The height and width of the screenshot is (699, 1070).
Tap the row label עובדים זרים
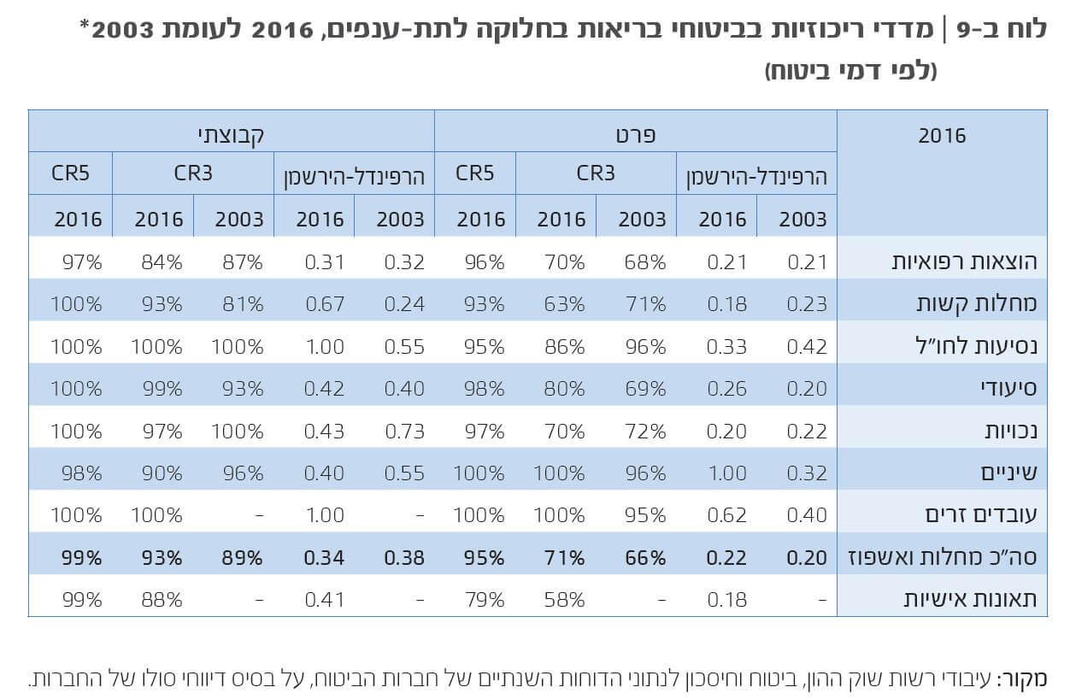pyautogui.click(x=981, y=515)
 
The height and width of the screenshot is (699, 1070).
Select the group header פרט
pyautogui.click(x=635, y=134)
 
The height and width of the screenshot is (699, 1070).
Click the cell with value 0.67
pyautogui.click(x=324, y=304)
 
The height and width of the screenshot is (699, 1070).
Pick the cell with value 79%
pyautogui.click(x=485, y=600)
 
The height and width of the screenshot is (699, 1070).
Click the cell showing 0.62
pyautogui.click(x=726, y=515)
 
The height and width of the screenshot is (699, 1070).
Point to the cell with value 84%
pyautogui.click(x=162, y=262)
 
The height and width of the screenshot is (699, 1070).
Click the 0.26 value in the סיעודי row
pyautogui.click(x=726, y=389)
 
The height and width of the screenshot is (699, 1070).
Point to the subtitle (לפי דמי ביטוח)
pyautogui.click(x=850, y=71)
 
